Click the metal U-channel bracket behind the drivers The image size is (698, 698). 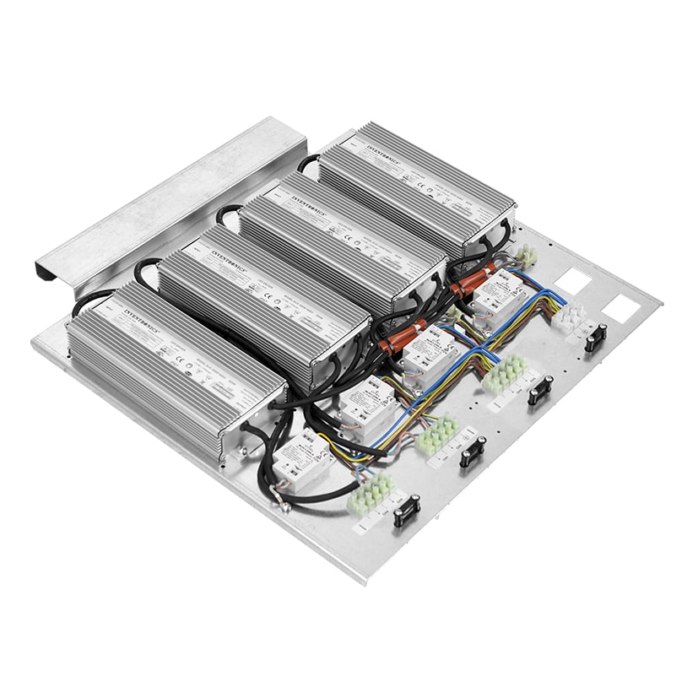click(x=160, y=194)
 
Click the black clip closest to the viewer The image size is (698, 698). click(x=406, y=511)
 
